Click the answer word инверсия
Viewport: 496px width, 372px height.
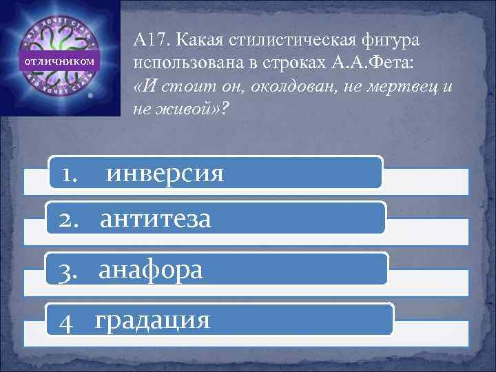(165, 173)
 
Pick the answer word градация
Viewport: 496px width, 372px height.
(152, 320)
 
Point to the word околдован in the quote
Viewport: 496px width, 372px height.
(270, 89)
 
